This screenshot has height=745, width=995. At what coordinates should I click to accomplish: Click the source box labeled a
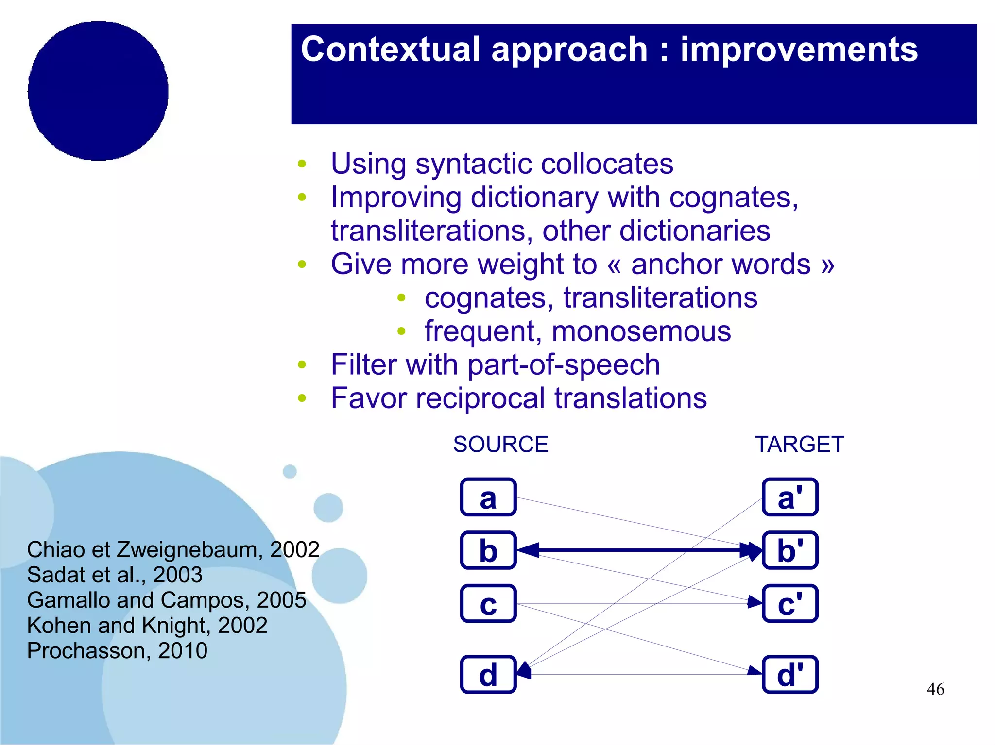coord(488,497)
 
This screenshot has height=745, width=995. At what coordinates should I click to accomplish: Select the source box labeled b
coord(488,550)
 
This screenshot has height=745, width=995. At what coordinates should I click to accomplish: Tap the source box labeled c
coord(488,604)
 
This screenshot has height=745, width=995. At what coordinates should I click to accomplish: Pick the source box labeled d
coord(488,675)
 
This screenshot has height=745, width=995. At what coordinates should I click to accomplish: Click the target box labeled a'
coord(790,497)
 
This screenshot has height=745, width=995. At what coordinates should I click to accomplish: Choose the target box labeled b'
coord(790,550)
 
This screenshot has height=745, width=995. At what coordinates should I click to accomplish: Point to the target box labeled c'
coord(790,604)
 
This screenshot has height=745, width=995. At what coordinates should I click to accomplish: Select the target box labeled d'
coord(790,675)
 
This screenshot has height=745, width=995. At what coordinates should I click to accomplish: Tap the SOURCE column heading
coord(500,445)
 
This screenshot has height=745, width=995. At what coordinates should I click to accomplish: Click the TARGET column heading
coord(800,445)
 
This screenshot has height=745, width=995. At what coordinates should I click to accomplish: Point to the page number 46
coord(935,689)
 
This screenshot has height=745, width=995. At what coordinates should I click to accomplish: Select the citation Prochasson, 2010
coord(117,650)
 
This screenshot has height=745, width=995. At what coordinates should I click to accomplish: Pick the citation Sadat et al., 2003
coord(115,575)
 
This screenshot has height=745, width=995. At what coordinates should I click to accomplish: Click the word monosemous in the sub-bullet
coord(641,331)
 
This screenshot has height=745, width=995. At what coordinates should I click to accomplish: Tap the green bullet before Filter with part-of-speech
coord(302,365)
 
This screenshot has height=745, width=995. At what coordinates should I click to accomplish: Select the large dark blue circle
coord(98,91)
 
